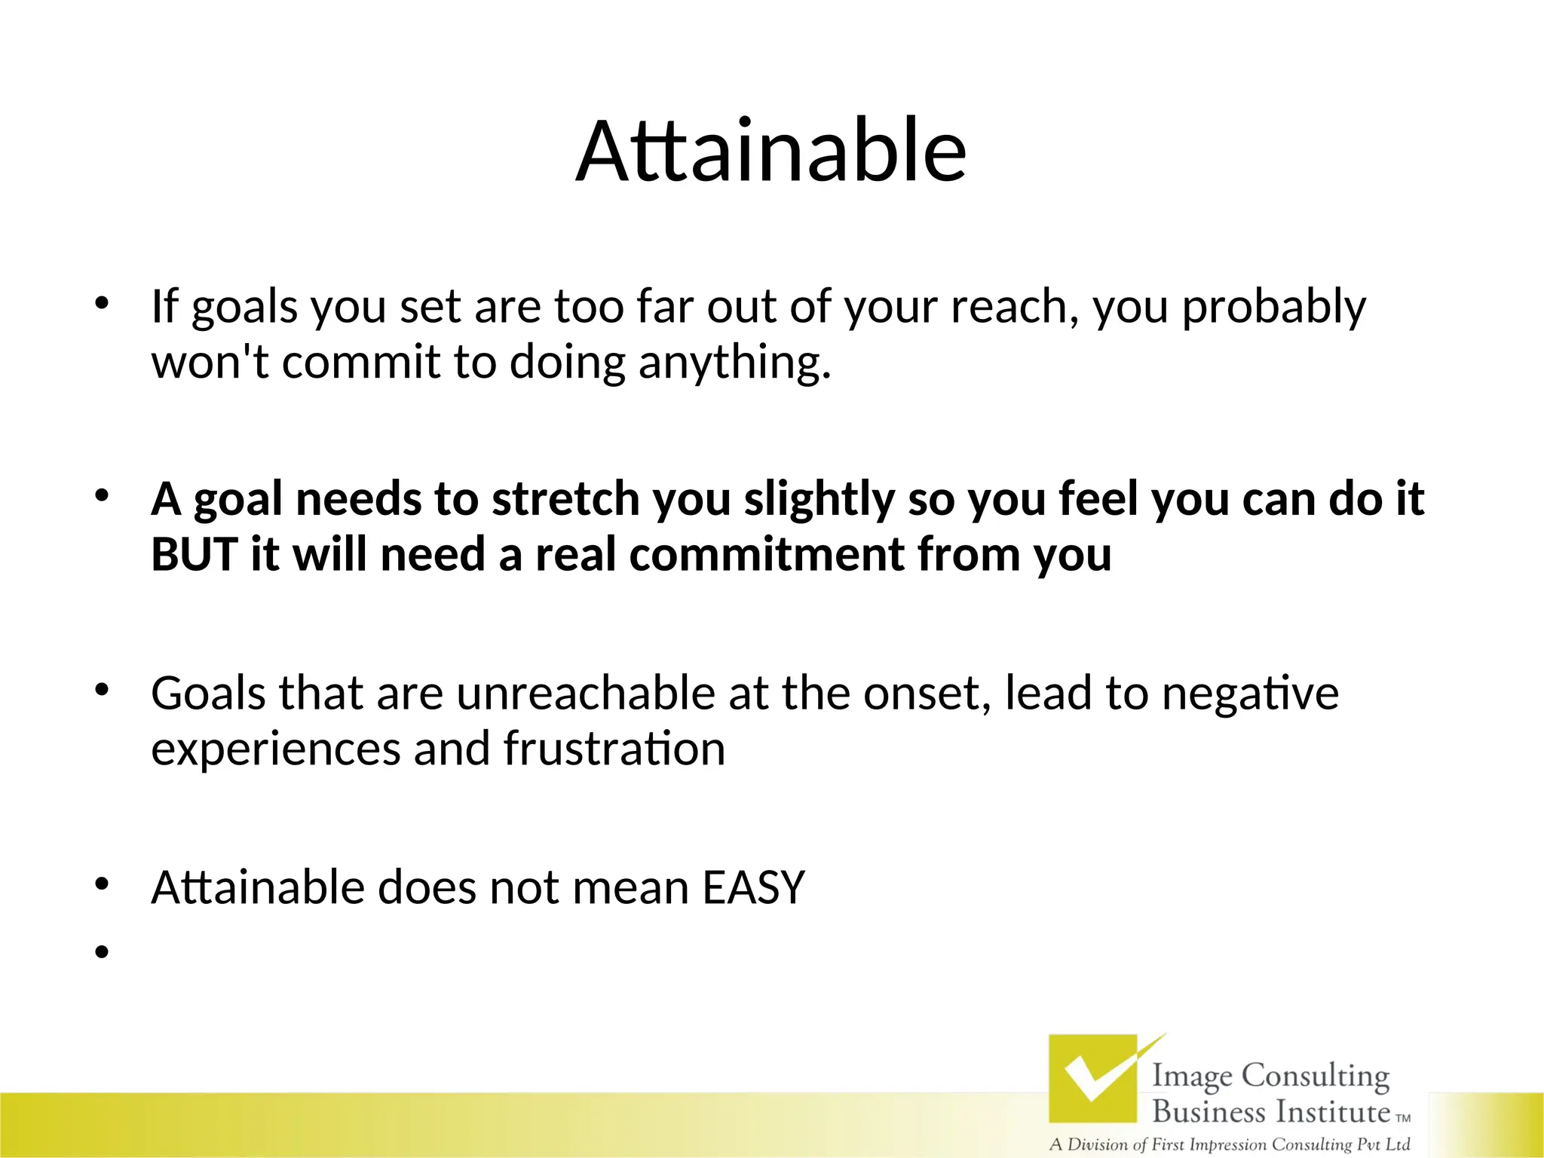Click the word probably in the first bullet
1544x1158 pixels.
click(1273, 308)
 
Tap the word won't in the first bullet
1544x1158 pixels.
click(210, 362)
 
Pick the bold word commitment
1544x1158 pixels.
click(766, 555)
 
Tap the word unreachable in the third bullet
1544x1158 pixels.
click(585, 694)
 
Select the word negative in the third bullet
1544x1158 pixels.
click(1249, 694)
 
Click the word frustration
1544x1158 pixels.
click(614, 749)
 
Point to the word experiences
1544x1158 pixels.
click(275, 750)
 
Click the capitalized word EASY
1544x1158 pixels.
click(753, 887)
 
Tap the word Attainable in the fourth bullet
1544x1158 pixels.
click(256, 887)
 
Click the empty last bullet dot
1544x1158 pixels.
click(103, 952)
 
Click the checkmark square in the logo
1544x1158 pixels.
click(1092, 1078)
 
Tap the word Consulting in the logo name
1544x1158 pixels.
click(1315, 1076)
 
